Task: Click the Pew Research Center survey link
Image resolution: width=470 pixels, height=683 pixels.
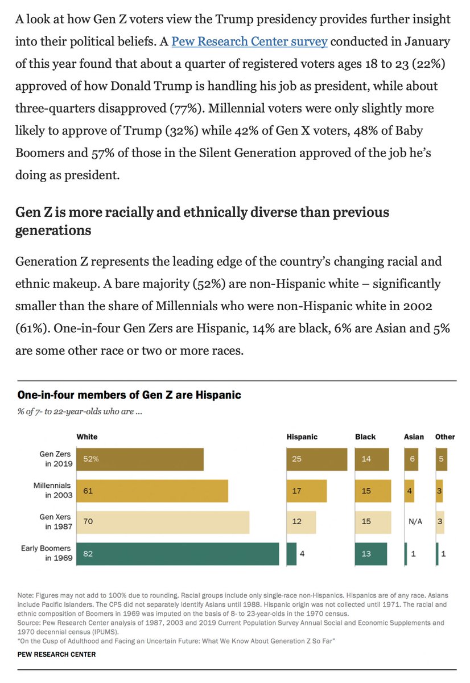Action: coord(250,42)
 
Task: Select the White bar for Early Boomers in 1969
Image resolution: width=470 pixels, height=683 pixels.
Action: coord(178,554)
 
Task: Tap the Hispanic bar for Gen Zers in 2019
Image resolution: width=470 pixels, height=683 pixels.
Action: coord(317,459)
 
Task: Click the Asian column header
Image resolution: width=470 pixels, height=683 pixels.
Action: coord(414,437)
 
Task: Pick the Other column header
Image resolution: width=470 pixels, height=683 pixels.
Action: coord(445,437)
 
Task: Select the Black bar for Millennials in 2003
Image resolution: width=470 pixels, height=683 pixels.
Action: coord(373,491)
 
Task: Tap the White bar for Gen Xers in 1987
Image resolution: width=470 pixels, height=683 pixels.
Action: coord(163,522)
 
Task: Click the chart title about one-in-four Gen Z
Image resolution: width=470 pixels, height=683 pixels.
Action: coord(129,394)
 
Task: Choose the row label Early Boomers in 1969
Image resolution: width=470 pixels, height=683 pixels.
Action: coord(47,553)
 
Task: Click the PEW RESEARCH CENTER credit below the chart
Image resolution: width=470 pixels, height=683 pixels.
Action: coord(56,654)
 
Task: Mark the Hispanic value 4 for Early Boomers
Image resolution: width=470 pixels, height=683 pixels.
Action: coord(302,554)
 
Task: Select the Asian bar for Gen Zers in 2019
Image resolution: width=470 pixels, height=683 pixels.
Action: coord(411,459)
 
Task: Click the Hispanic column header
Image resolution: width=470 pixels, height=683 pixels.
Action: coord(302,437)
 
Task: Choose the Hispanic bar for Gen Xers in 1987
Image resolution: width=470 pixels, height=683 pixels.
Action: coord(301,522)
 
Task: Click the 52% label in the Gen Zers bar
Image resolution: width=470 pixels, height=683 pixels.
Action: coord(91,459)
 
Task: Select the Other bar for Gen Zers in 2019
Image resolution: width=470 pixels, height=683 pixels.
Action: coord(442,459)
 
